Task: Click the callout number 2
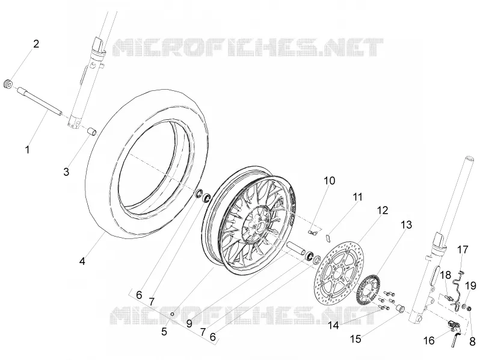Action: (36, 44)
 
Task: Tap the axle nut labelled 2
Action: (7, 84)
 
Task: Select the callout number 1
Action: (28, 150)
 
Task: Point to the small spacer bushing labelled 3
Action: (91, 132)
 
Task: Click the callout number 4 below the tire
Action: (82, 261)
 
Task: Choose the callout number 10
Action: (330, 181)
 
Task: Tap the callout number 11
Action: (357, 197)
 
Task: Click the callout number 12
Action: (383, 210)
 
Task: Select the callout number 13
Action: (406, 225)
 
